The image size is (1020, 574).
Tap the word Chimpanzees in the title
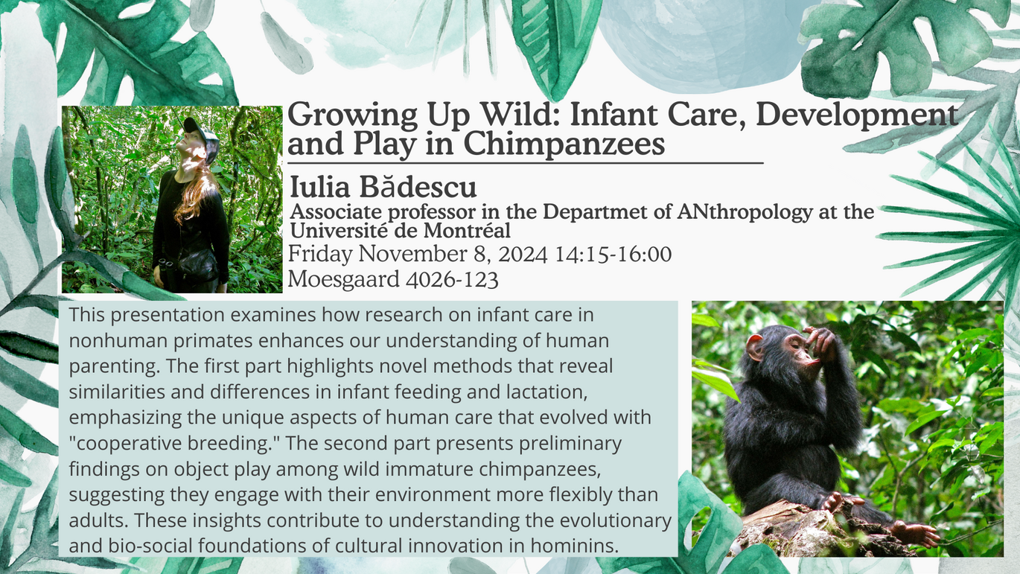564,144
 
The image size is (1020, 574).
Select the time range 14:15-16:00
613,254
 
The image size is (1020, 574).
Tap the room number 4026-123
452,279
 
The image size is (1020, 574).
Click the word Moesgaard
343,279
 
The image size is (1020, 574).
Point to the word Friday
320,255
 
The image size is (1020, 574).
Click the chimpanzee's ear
755,348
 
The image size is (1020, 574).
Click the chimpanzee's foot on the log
914,533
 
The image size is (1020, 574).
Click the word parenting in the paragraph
115,367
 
